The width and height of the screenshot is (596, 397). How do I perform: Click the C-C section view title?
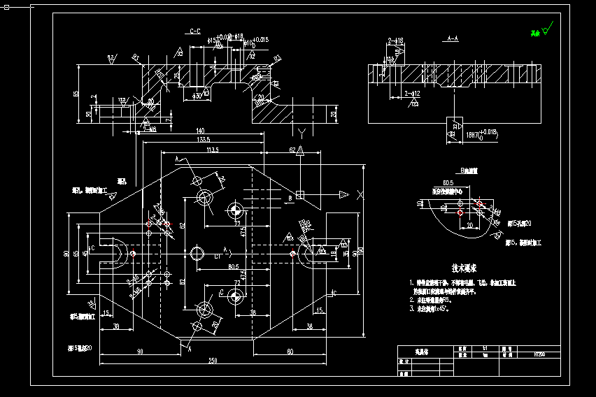[x=194, y=31]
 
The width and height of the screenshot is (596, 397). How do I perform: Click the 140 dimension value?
[x=200, y=131]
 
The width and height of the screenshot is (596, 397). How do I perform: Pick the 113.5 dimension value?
[x=213, y=149]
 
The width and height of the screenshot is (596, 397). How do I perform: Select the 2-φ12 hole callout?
[x=412, y=93]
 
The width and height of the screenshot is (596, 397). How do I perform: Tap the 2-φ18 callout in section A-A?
[x=395, y=41]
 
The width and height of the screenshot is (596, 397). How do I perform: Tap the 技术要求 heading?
[x=463, y=268]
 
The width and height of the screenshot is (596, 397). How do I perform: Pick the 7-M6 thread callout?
[x=149, y=129]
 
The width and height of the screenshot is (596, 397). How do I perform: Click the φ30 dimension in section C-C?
[x=197, y=95]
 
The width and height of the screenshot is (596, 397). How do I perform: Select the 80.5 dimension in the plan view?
[x=233, y=267]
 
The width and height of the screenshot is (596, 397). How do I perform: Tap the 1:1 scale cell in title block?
[x=485, y=347]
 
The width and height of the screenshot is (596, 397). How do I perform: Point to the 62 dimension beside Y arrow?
[x=292, y=150]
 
